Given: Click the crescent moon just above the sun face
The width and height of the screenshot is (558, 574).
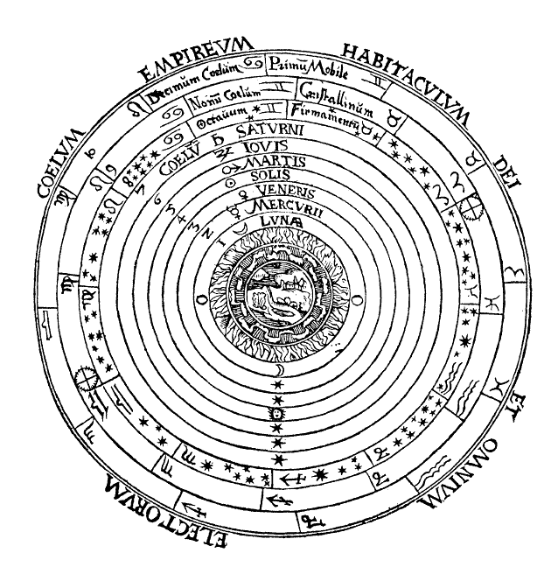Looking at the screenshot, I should pos(277,377).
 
